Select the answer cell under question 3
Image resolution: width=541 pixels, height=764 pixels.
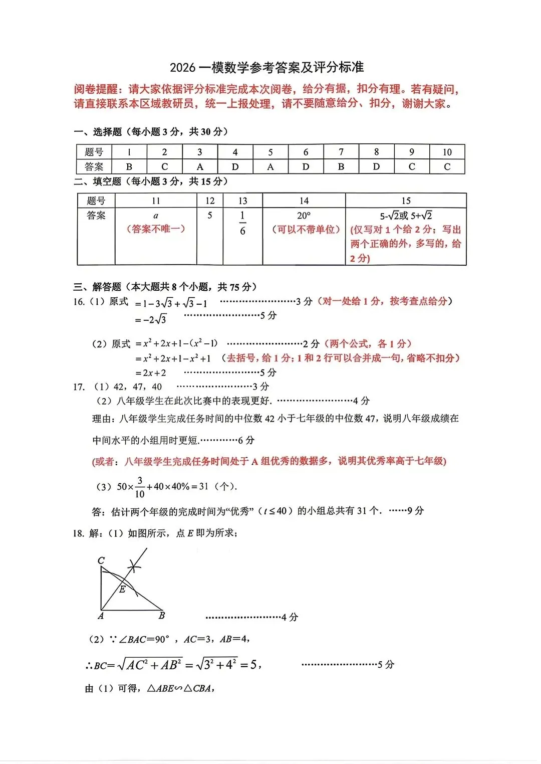coord(200,166)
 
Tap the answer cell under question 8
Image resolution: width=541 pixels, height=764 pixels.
coord(376,166)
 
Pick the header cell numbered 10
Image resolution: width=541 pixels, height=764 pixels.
coord(447,152)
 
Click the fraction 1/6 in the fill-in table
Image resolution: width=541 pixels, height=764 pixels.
coord(242,223)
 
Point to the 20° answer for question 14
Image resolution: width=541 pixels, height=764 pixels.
coord(304,216)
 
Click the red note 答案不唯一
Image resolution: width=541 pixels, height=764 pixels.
coord(156,229)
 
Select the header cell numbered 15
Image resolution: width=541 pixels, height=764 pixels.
coord(406,201)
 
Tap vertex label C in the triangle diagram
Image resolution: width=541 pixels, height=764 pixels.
coord(101,560)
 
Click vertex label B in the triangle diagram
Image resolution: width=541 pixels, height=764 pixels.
coord(162,615)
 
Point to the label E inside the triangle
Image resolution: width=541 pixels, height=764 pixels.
coord(122,590)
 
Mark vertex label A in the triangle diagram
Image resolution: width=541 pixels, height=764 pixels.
coord(101,616)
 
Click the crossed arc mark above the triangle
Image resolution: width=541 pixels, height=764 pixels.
coord(134,567)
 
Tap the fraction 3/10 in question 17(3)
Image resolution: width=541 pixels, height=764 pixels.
coord(140,487)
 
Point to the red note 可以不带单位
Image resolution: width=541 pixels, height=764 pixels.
coord(306,229)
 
